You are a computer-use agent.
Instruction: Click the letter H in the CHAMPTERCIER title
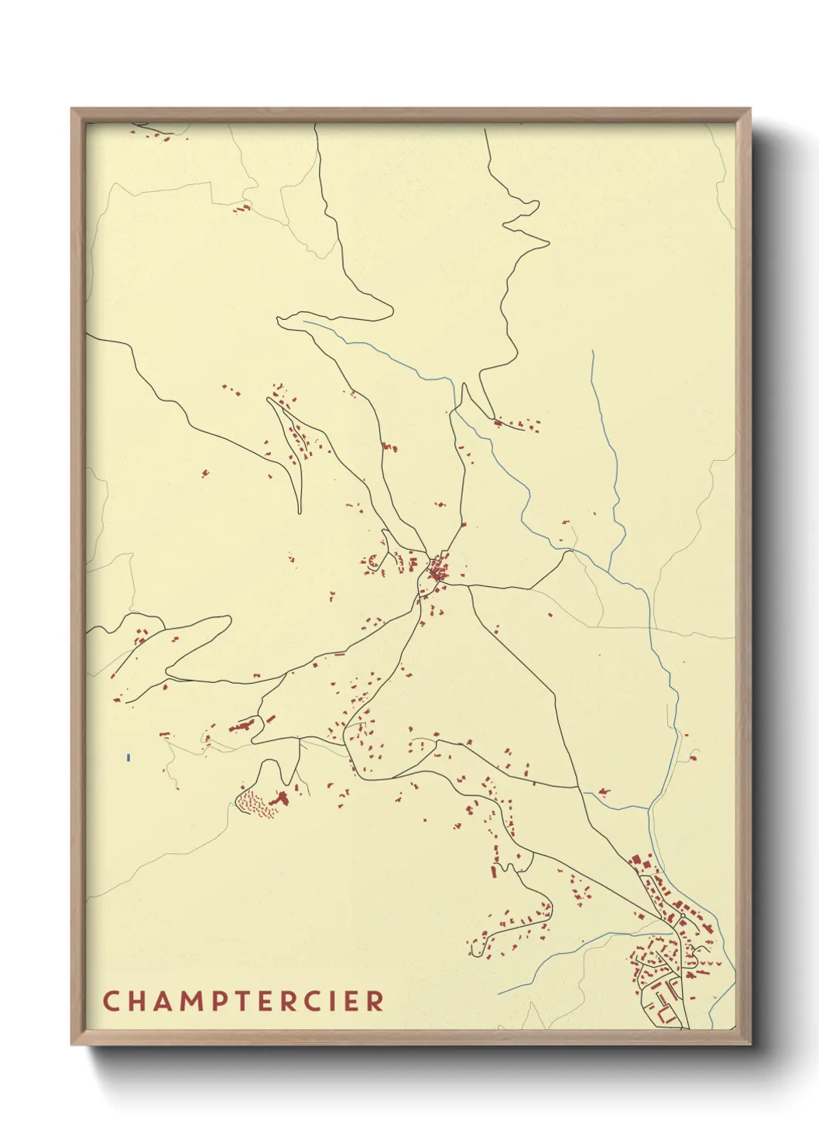(x=135, y=1000)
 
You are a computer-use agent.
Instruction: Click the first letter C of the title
(x=110, y=1000)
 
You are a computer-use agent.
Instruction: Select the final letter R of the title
(x=375, y=1000)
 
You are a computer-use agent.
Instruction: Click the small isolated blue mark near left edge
(x=128, y=757)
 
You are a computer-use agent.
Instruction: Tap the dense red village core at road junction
(x=438, y=571)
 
